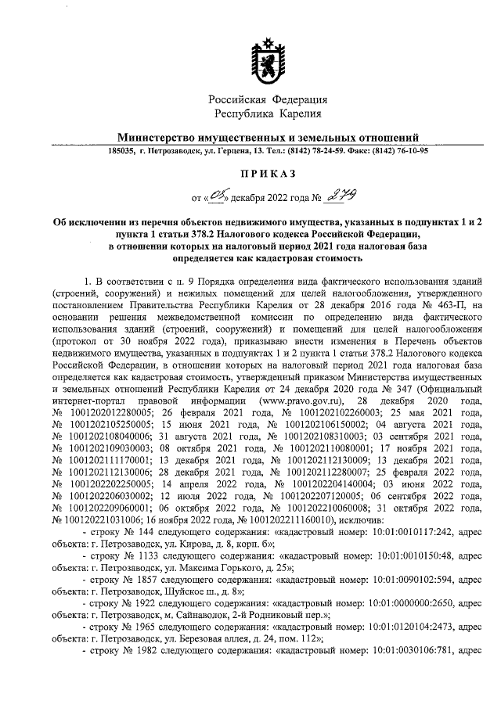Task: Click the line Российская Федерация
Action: (x=267, y=100)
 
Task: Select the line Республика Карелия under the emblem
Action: (x=267, y=115)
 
